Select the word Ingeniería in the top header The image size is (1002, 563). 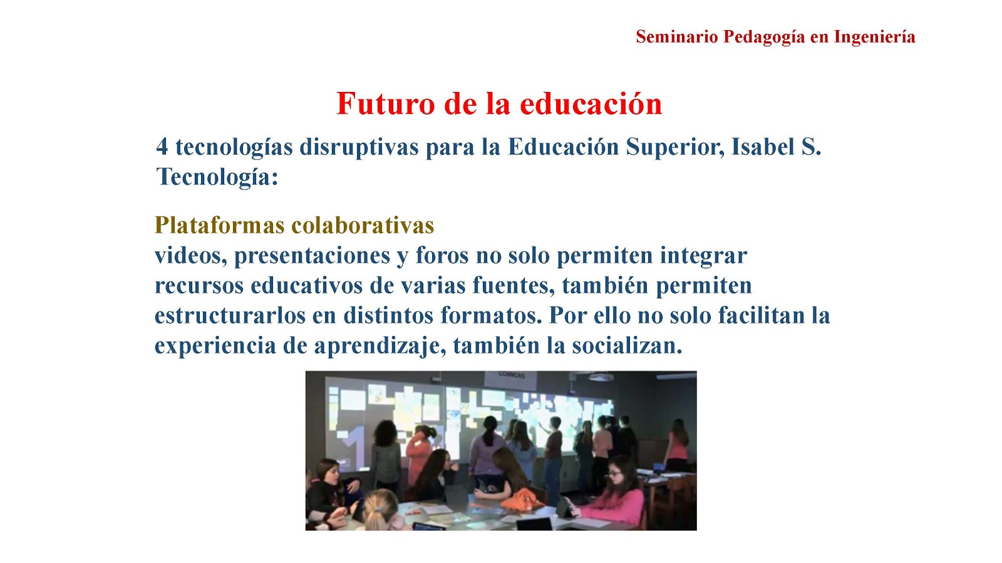click(874, 38)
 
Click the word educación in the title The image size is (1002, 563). click(591, 104)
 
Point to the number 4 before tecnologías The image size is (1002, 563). click(162, 147)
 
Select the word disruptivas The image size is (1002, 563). click(359, 148)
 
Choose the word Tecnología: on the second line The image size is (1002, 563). click(217, 178)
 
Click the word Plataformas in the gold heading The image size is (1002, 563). click(220, 225)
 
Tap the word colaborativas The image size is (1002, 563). click(363, 225)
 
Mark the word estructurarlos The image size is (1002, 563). click(230, 315)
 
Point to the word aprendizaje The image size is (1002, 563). click(380, 347)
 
